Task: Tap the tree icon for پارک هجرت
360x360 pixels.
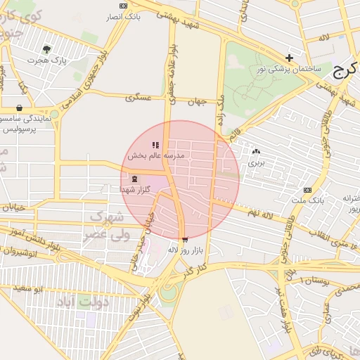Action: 47,49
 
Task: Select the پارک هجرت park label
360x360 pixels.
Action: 47,60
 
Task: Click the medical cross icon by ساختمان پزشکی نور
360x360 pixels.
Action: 289,58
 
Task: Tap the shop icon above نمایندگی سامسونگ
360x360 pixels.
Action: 19,108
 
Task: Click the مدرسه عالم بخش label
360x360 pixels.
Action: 155,155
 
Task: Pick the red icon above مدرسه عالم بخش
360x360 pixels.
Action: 155,145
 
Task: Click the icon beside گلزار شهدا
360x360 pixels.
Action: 134,179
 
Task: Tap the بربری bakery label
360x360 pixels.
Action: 254,162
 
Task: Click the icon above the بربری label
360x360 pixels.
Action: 255,151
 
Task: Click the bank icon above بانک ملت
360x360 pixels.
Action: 307,190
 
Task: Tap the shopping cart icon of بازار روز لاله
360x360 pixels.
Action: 184,239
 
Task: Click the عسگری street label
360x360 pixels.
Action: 139,98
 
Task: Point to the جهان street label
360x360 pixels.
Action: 197,102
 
